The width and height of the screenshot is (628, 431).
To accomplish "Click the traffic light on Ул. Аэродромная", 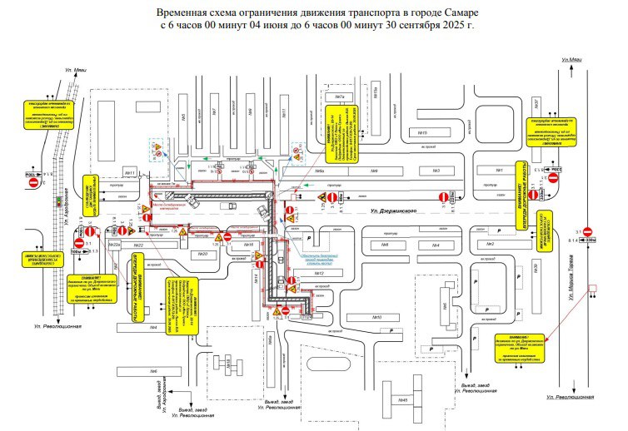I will click(57, 202).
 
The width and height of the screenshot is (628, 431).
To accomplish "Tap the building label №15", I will click(422, 133).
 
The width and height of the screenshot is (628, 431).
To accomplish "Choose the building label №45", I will click(403, 400).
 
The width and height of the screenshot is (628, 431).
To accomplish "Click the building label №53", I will click(376, 317).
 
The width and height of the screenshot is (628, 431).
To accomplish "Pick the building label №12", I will click(317, 273).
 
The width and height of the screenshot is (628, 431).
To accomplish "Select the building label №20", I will click(203, 255).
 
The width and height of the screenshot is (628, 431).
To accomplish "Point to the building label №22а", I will click(115, 245).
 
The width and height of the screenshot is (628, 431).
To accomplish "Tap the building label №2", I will click(491, 244).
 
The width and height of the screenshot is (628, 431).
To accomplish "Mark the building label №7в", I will click(340, 97).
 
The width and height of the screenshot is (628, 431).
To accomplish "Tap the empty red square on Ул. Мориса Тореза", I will click(593, 290).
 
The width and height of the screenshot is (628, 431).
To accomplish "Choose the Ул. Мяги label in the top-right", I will click(572, 60).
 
